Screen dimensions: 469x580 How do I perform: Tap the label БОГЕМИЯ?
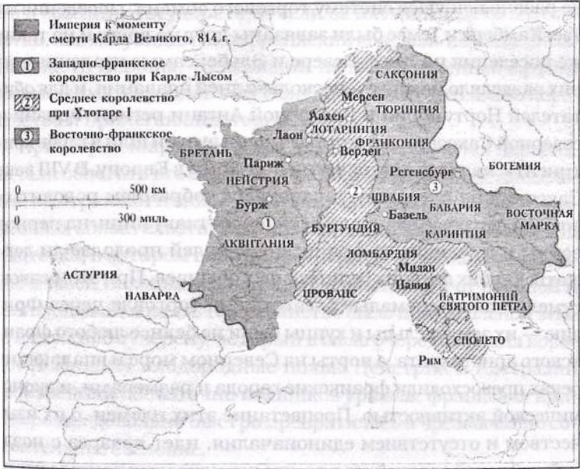click(x=515, y=165)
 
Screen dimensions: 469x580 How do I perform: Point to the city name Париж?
click(x=262, y=164)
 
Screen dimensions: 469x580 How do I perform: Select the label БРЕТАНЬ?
click(x=204, y=154)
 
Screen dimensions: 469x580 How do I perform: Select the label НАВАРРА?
click(x=151, y=296)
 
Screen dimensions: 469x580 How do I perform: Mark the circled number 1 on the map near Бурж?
click(x=268, y=223)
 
